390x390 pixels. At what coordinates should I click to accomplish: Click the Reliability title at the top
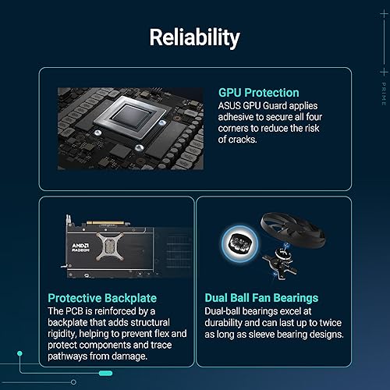195,37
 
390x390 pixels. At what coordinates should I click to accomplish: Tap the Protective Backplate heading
102,298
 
